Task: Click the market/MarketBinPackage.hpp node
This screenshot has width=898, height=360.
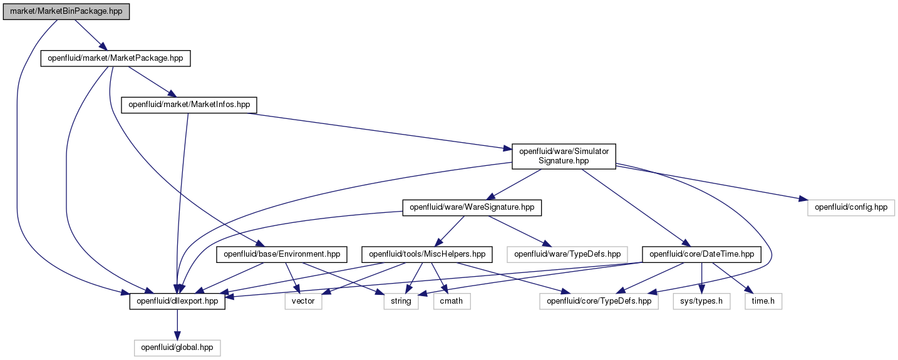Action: (x=66, y=12)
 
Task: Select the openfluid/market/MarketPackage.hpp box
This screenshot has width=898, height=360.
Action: (x=115, y=58)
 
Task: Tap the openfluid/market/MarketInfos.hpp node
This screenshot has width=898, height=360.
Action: (x=189, y=105)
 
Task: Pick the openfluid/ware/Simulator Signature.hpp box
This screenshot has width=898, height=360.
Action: (x=564, y=157)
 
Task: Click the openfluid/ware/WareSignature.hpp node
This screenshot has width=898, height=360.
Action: (x=472, y=208)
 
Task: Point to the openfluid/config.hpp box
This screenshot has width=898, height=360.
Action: (x=850, y=208)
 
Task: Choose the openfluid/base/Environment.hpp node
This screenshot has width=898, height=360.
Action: (x=281, y=255)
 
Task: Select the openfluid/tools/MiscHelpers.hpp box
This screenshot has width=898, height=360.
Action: (x=427, y=255)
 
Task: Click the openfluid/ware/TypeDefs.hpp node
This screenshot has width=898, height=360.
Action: (x=567, y=255)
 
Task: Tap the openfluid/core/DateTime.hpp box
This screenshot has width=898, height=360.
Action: (x=701, y=255)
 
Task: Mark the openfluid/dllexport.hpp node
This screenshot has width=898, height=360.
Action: (x=177, y=301)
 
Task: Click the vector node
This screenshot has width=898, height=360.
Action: (x=303, y=301)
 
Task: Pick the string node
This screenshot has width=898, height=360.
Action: (x=401, y=301)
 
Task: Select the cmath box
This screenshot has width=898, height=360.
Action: (x=452, y=301)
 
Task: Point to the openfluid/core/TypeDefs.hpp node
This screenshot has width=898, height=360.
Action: (x=599, y=301)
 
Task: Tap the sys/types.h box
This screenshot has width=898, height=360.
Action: (x=701, y=301)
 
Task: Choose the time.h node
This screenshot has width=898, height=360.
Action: (x=763, y=301)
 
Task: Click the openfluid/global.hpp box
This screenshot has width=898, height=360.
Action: (x=177, y=347)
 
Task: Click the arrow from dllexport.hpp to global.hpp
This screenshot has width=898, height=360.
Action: (x=177, y=324)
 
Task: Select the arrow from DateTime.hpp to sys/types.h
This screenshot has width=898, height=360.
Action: (x=701, y=278)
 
